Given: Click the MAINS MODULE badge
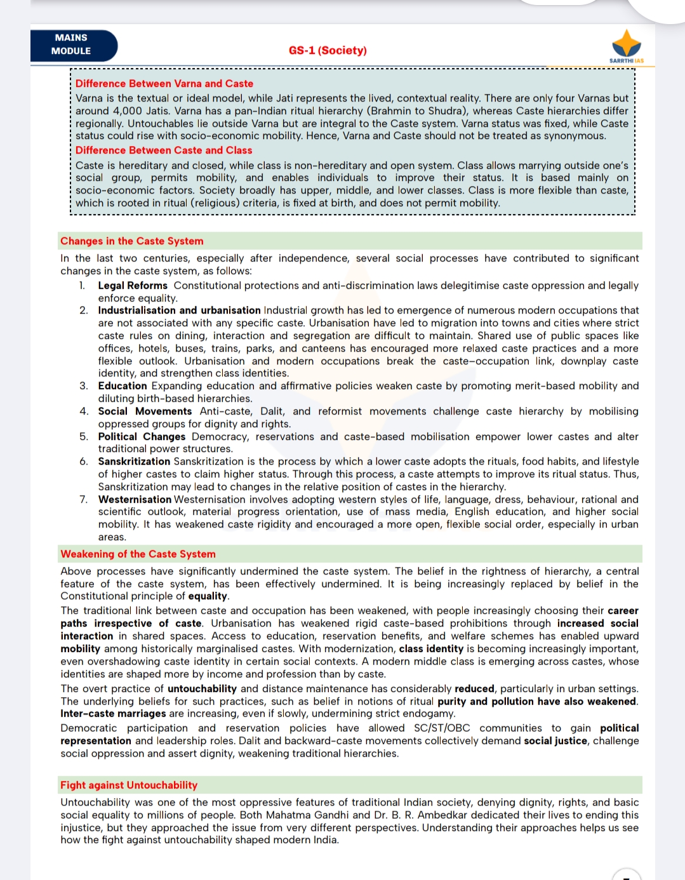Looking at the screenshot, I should pos(72,45).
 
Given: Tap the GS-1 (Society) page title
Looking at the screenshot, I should pos(328,50).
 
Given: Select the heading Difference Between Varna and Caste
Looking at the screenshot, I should pos(164,83).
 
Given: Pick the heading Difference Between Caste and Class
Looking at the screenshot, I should pos(164,150).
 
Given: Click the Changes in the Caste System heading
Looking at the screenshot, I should pos(132,241).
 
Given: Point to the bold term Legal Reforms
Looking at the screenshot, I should pos(133,286).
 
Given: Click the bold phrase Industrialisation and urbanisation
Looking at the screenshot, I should pos(179,310).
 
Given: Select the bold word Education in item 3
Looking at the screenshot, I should pos(123,386).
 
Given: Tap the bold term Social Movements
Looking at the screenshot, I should pos(145,411).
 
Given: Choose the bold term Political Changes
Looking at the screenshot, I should pos(142,437).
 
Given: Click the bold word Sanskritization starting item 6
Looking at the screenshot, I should pos(134,462).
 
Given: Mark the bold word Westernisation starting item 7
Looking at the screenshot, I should pos(135,500).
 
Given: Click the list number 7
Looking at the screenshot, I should pos(83,500).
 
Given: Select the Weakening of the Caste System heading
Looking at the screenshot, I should pos(138,554).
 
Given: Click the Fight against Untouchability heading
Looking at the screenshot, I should pos(129,785).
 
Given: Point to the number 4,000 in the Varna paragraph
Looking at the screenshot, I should pos(128,111).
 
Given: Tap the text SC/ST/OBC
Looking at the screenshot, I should pos(442,728).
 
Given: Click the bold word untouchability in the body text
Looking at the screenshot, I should pos(202,689).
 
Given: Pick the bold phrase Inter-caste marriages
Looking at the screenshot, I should pos(113,714).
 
